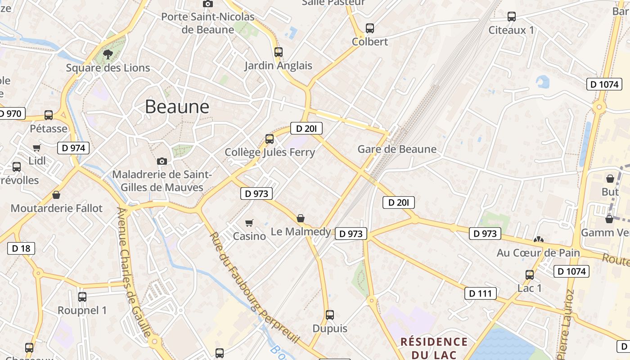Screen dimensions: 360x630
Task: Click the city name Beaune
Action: pos(177,107)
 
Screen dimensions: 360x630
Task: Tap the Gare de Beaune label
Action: pos(397,149)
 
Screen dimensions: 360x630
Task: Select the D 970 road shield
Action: pos(11,113)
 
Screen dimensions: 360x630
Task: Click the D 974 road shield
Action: pos(73,148)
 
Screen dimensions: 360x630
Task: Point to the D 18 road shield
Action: pos(21,248)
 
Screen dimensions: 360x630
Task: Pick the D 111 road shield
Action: pos(480,293)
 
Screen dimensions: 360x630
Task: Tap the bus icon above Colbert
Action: pos(369,28)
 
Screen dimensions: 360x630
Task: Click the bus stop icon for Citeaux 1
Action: pos(511,17)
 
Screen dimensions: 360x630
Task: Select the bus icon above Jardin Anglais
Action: pos(278,52)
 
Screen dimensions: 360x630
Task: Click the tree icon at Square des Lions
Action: pos(108,54)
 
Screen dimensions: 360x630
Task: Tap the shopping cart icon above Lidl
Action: pos(37,148)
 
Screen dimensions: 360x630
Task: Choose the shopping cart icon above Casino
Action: pos(249,223)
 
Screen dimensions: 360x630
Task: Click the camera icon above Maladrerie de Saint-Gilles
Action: pos(162,161)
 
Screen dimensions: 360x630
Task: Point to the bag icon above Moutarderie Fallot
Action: pos(56,195)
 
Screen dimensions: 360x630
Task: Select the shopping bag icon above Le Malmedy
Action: pos(301,219)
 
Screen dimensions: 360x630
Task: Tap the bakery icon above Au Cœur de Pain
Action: pos(538,240)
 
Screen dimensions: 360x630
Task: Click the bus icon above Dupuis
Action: pos(330,315)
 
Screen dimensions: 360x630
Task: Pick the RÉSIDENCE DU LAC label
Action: pos(434,348)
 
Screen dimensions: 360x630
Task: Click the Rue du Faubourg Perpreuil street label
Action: pos(254,288)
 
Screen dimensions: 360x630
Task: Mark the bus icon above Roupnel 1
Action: pos(82,297)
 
